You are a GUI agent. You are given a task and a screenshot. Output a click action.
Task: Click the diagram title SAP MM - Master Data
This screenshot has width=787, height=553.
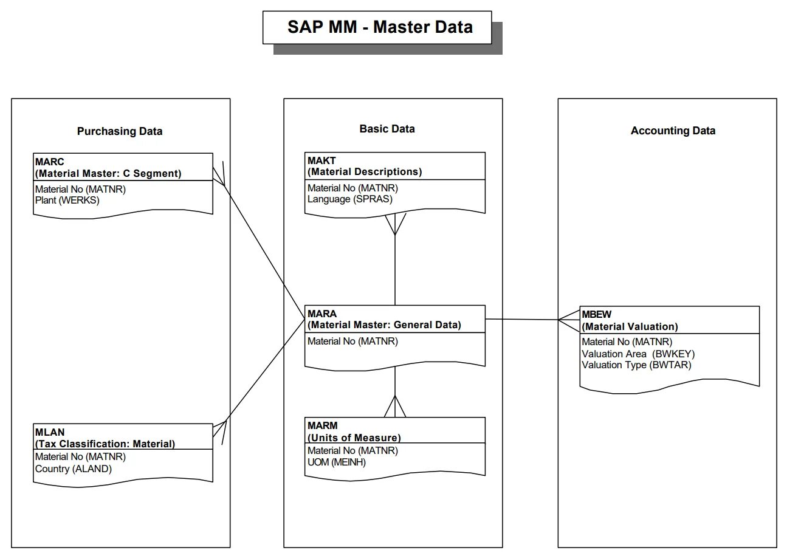379,27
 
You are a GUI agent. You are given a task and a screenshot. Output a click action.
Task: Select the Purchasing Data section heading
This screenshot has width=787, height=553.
120,131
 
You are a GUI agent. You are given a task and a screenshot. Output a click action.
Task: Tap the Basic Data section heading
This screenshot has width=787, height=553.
387,129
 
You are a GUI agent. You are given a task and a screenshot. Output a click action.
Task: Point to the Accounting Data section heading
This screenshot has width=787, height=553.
673,131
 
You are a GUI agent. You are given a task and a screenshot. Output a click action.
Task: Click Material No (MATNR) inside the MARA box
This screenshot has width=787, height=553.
352,342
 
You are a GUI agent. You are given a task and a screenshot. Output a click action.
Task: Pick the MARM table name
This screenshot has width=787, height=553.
322,425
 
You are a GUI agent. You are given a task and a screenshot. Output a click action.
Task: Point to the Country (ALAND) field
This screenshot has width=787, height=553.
74,469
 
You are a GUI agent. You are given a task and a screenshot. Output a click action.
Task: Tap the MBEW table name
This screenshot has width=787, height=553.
597,315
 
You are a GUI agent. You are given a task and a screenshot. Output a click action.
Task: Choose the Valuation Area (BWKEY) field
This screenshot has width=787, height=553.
638,354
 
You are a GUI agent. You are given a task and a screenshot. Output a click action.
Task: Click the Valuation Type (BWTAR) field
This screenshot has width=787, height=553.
636,365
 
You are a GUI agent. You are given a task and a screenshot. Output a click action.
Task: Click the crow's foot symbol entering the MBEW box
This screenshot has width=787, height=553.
569,320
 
